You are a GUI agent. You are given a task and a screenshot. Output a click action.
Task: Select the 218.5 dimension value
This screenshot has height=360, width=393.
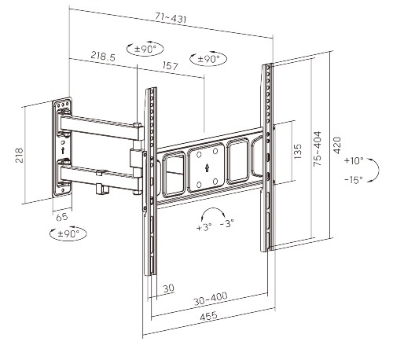pyautogui.click(x=102, y=57)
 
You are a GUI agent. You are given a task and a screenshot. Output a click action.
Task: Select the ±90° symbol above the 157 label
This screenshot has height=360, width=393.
pyautogui.click(x=208, y=59)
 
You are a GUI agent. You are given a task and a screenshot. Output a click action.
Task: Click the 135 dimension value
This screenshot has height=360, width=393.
pyautogui.click(x=297, y=151)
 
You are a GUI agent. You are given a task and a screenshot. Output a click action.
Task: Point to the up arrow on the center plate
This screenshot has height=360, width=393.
pyautogui.click(x=204, y=167)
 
